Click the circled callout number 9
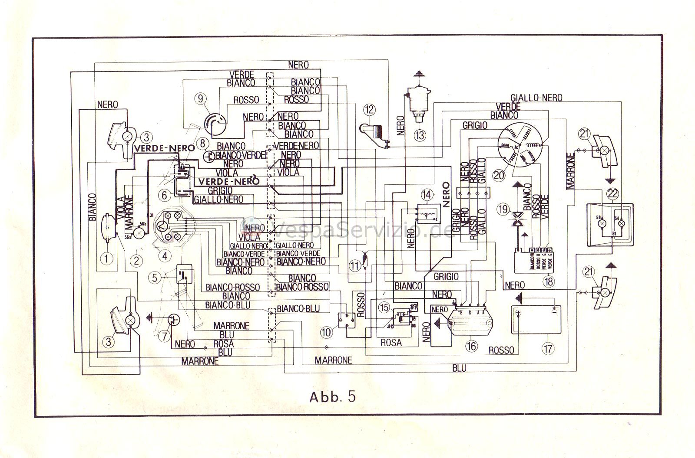coord(201,98)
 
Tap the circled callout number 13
coord(420,135)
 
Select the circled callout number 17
coord(549,348)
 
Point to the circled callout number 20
coord(498,175)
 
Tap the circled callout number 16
coord(471,346)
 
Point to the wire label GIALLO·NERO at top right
coord(536,98)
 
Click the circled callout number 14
coord(427,195)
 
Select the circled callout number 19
coord(503,210)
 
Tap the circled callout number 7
coord(163,334)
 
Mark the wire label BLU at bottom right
coord(459,368)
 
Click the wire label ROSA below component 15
coord(391,343)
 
